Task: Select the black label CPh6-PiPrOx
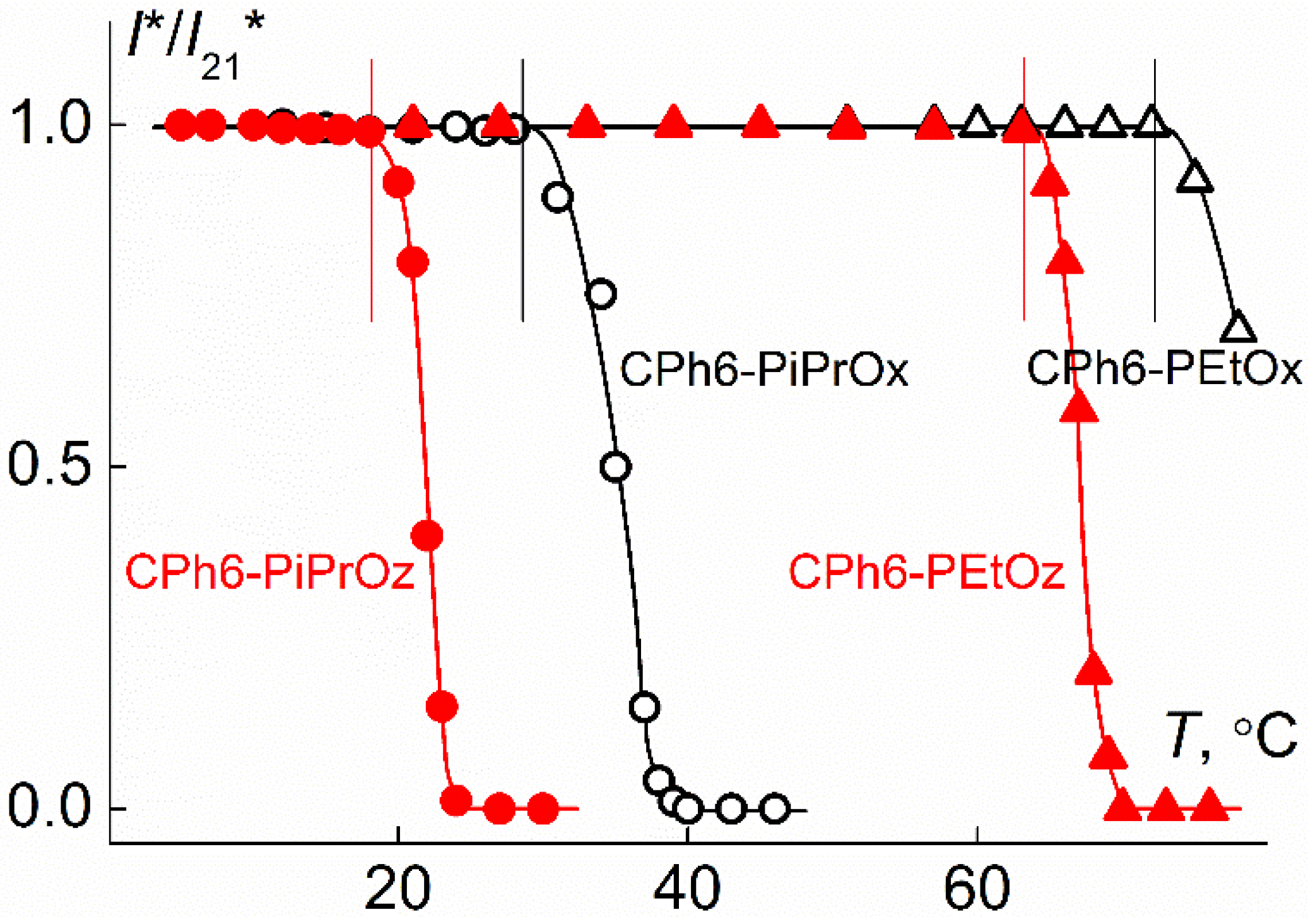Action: point(763,370)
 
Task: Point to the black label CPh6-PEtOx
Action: point(1164,368)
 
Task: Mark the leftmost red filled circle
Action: point(181,125)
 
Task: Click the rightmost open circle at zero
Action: point(775,808)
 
